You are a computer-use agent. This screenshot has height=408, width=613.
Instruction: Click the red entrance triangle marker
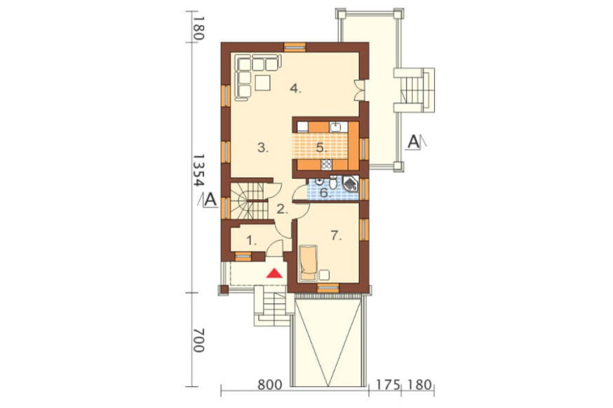coord(275,273)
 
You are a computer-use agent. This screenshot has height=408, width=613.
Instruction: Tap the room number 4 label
coord(295,89)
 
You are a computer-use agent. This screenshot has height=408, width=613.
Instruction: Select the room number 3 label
coord(263,148)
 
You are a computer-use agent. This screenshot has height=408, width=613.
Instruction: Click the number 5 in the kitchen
coord(321,148)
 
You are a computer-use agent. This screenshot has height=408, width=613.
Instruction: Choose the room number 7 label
coord(336,236)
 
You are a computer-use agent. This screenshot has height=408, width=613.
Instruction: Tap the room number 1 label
coord(252,241)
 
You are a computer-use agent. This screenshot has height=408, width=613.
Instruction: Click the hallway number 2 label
coord(282,210)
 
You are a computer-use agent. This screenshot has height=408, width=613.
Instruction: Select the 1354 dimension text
coord(199,171)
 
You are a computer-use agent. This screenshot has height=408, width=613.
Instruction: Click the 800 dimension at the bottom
coord(270,385)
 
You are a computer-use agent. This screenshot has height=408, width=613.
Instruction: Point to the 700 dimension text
coord(199,340)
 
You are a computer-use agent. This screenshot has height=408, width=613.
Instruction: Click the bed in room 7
coord(308,263)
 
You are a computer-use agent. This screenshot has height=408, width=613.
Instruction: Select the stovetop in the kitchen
coord(326,165)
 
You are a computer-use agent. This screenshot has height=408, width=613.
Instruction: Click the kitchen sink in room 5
coord(336,127)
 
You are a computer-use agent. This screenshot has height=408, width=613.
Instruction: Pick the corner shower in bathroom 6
coord(350,184)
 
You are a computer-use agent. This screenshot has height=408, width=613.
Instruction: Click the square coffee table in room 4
coord(263,83)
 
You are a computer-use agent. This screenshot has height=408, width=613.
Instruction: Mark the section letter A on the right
coord(413,142)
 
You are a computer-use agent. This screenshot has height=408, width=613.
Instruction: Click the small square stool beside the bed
coord(324,274)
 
